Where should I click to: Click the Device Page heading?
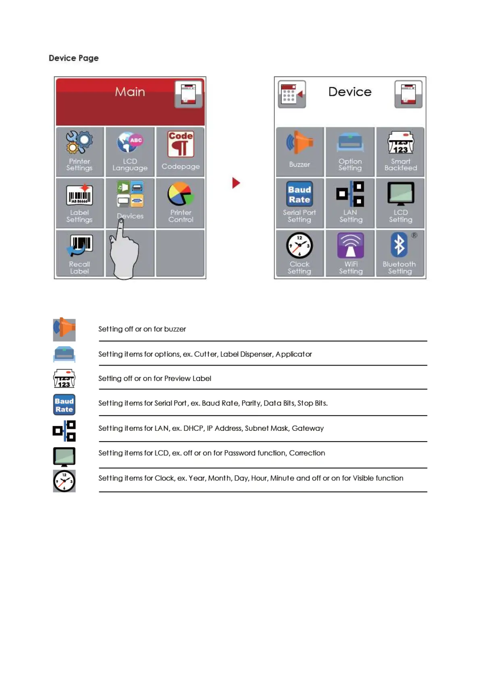(73, 58)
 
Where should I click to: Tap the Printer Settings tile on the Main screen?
(79, 152)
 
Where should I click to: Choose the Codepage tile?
(181, 152)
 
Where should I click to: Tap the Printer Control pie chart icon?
(181, 194)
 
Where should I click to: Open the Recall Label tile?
(79, 253)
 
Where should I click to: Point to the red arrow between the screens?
(236, 183)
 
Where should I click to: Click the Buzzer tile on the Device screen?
(299, 152)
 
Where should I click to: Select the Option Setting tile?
(350, 152)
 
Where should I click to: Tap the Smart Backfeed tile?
(400, 152)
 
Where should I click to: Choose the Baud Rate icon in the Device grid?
(299, 194)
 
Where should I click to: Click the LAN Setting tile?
(350, 203)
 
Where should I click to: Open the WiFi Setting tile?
(350, 253)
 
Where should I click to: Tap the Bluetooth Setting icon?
(399, 245)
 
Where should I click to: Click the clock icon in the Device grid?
(299, 245)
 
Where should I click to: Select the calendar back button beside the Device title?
(292, 94)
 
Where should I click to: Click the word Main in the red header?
(130, 92)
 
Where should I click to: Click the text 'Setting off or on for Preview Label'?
(155, 378)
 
